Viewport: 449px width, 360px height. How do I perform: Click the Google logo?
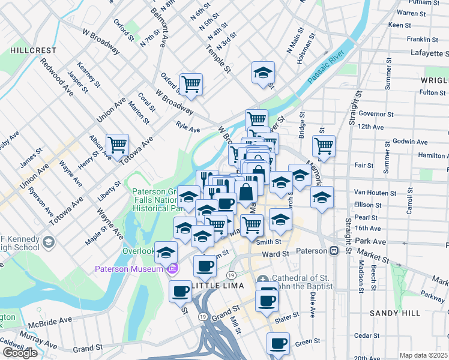pyautogui.click(x=20, y=353)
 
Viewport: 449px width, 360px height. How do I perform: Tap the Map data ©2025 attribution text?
pyautogui.click(x=424, y=355)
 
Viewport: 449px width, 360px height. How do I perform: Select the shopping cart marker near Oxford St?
pyautogui.click(x=191, y=84)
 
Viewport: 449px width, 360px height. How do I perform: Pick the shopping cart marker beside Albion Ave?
pyautogui.click(x=116, y=145)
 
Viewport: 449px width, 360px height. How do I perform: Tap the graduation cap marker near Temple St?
pyautogui.click(x=263, y=73)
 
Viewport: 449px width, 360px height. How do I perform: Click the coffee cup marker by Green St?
pyautogui.click(x=278, y=344)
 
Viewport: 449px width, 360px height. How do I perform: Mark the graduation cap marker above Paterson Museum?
pyautogui.click(x=166, y=253)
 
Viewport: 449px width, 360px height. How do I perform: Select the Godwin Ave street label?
pyautogui.click(x=410, y=142)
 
